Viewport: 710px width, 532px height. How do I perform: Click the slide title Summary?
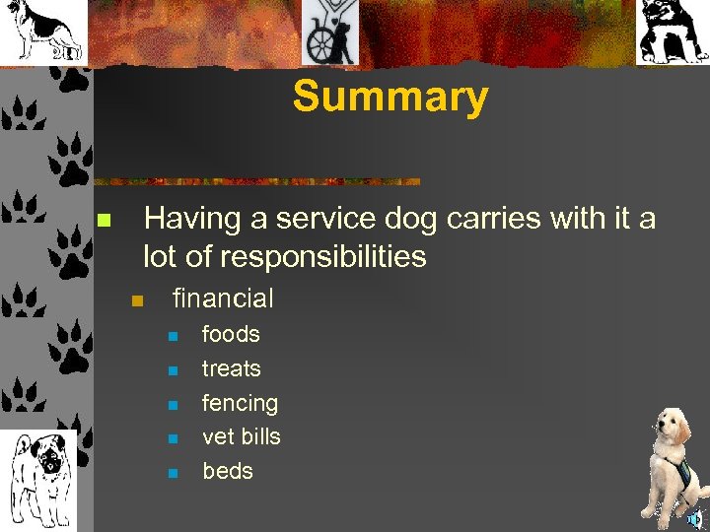pyautogui.click(x=390, y=97)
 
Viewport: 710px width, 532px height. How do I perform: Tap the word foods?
pyautogui.click(x=231, y=334)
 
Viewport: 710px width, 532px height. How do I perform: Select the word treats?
pyautogui.click(x=232, y=368)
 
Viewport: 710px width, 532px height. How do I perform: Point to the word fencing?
pyautogui.click(x=240, y=403)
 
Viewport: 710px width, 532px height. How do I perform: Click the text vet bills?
pyautogui.click(x=242, y=436)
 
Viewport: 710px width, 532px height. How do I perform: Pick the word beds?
pyautogui.click(x=228, y=471)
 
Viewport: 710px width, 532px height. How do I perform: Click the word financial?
pyautogui.click(x=223, y=298)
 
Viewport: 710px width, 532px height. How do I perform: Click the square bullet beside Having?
pyautogui.click(x=102, y=220)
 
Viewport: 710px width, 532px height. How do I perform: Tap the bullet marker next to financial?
pyautogui.click(x=137, y=299)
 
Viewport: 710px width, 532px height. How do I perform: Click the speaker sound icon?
pyautogui.click(x=696, y=520)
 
